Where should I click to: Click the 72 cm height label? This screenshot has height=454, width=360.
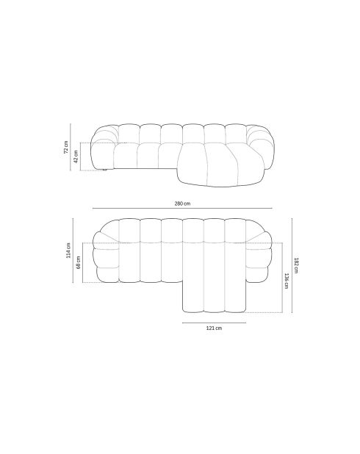coord(66,148)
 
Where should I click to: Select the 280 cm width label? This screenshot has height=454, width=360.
coord(182,203)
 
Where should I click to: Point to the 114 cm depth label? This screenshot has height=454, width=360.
coord(69,251)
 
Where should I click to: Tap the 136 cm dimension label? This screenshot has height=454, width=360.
coord(286,281)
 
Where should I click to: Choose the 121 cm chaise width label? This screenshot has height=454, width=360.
coord(214,328)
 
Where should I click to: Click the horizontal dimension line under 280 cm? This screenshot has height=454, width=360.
coord(182,209)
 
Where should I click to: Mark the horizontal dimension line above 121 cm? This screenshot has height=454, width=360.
coord(214,322)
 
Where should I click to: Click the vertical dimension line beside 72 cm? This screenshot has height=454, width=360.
coord(71,147)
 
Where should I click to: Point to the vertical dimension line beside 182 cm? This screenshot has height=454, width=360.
coord(292,264)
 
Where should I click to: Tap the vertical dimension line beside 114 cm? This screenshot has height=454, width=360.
coord(74,251)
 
